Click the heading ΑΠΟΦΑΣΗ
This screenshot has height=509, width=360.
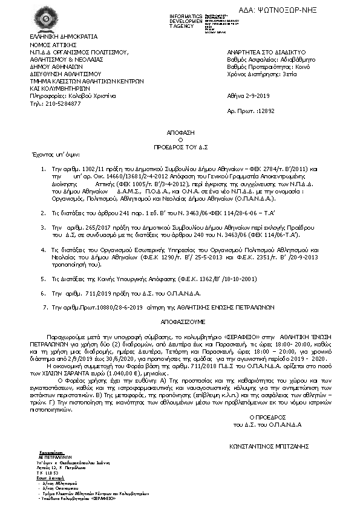[x=180, y=131]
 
